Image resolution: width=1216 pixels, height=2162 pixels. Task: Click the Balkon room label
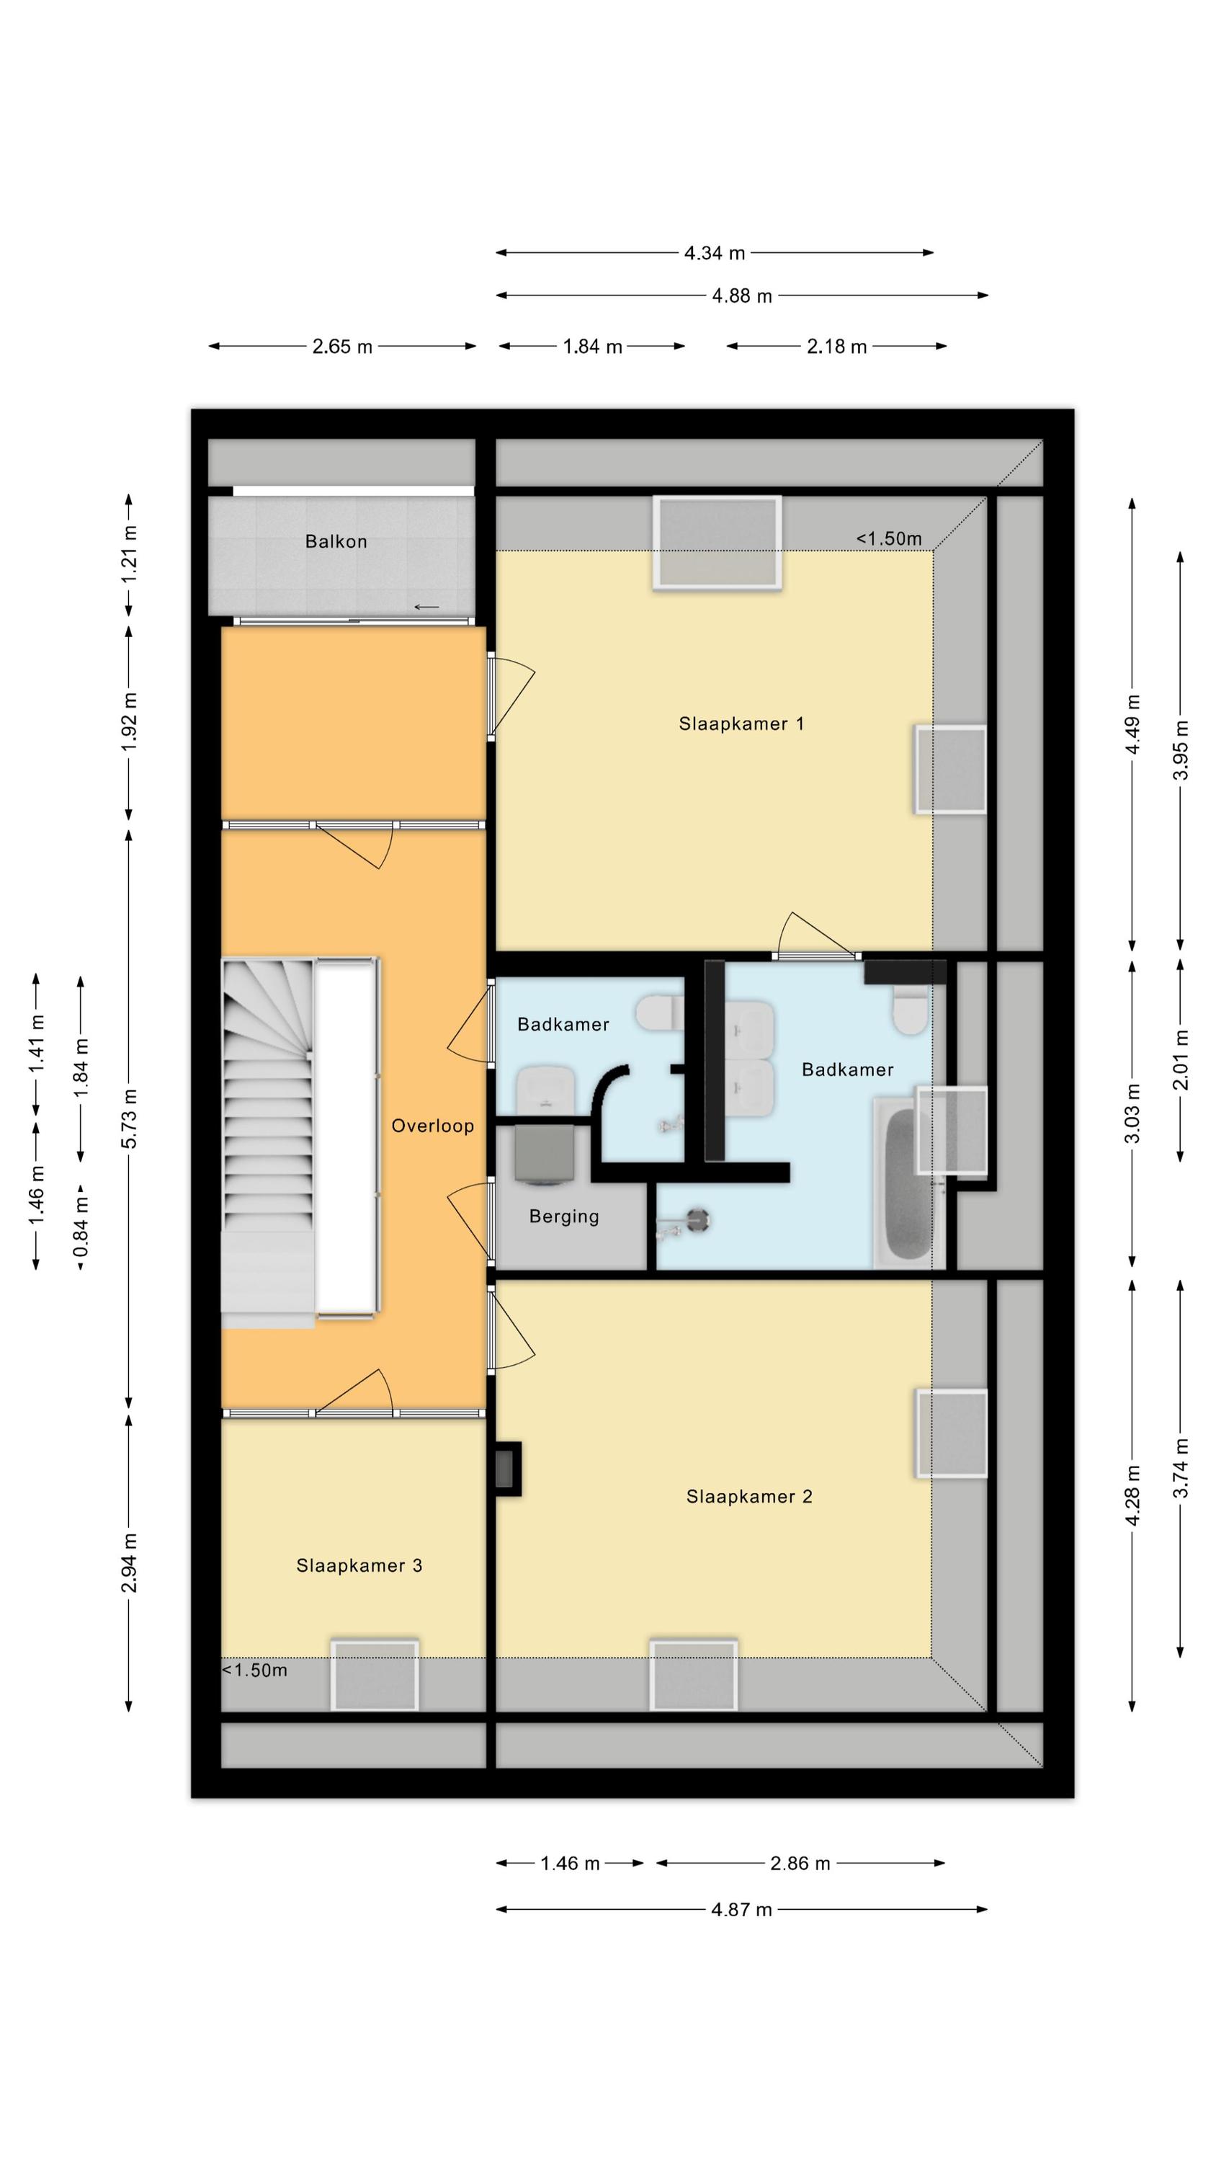pos(336,541)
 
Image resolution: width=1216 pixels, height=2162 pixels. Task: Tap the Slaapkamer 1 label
pos(741,724)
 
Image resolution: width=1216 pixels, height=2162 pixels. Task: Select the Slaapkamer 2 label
pos(748,1496)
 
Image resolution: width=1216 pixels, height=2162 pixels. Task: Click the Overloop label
pos(432,1126)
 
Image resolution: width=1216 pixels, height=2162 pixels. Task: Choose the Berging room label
pos(564,1216)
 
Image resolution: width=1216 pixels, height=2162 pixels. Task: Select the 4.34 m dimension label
pos(714,253)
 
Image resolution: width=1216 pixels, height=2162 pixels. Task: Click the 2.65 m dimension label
pos(342,347)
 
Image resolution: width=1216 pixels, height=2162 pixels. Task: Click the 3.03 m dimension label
pos(1132,1113)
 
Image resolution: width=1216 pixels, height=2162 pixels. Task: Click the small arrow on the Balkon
pos(426,607)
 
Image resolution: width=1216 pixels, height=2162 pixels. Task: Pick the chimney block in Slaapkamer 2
pos(508,1469)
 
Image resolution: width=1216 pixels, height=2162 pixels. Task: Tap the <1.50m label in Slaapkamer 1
pos(889,539)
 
